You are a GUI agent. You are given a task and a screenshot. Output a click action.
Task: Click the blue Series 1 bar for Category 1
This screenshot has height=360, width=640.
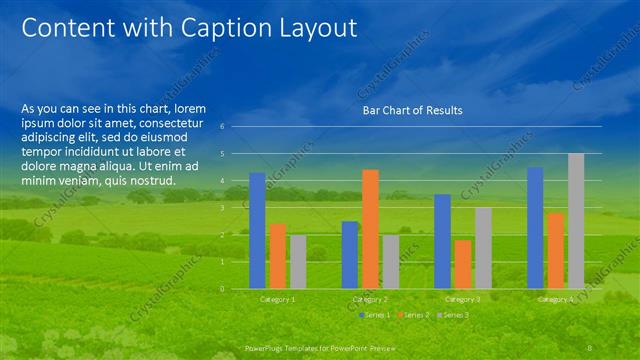(x=257, y=231)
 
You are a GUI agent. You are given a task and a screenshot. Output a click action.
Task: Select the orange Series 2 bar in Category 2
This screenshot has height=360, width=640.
(x=370, y=229)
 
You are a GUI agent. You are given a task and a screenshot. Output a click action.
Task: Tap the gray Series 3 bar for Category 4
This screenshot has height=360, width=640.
(x=576, y=221)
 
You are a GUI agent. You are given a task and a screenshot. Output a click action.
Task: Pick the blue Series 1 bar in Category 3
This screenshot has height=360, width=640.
(x=442, y=241)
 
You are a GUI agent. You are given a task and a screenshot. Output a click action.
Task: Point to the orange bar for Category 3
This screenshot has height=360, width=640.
(x=462, y=264)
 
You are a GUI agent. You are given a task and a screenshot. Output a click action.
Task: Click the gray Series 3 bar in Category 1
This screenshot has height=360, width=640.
(x=298, y=262)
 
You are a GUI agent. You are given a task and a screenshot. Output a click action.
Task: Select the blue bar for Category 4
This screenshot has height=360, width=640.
(x=535, y=228)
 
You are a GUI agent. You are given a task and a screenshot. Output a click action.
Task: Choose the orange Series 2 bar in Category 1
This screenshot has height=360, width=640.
(x=278, y=256)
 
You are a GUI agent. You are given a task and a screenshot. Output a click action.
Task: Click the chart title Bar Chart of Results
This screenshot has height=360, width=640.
(x=412, y=110)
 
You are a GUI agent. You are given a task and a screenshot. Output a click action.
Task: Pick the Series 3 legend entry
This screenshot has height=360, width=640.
(x=454, y=315)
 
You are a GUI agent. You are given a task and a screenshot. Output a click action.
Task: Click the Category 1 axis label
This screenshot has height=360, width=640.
(x=278, y=299)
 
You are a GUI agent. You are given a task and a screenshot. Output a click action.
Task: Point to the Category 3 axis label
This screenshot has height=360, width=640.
(x=462, y=299)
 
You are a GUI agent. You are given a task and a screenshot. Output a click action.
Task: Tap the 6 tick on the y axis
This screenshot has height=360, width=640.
(x=236, y=127)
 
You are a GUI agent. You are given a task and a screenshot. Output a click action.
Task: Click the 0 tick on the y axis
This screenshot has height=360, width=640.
(x=236, y=289)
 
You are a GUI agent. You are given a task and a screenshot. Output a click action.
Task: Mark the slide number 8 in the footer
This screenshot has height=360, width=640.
(x=591, y=346)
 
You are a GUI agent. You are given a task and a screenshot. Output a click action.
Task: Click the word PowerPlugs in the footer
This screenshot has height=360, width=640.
(x=265, y=346)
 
